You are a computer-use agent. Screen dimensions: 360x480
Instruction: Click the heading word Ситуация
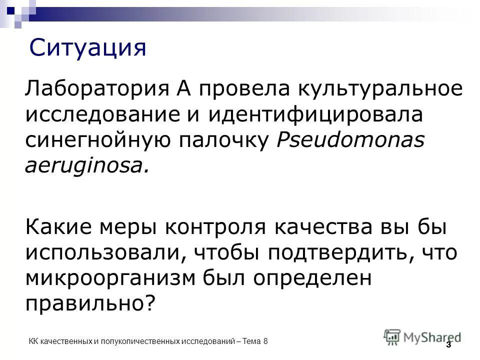(87, 48)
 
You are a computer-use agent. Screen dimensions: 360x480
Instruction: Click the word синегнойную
(104, 140)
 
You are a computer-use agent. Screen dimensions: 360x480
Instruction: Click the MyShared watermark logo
(422, 336)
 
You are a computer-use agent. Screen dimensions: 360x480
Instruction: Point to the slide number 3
(448, 344)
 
